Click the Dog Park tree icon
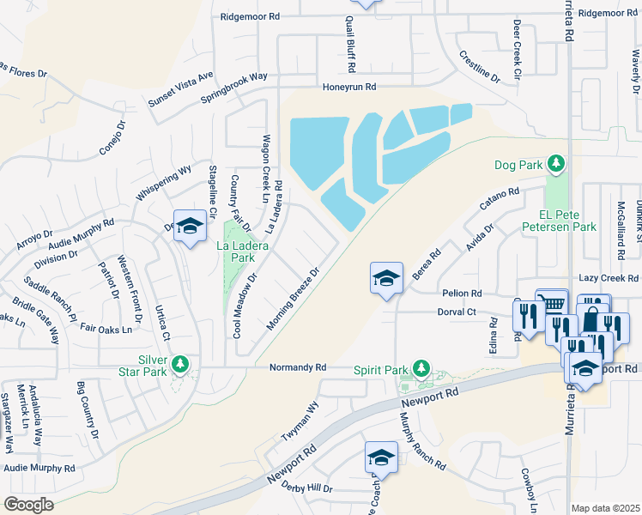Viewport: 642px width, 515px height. coord(556,163)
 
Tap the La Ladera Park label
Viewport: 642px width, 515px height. coord(249,251)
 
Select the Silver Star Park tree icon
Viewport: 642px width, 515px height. coord(180,365)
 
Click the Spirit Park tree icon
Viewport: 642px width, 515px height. coord(421,369)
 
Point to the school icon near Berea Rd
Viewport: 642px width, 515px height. coord(386,277)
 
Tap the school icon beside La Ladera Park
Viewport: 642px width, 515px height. coord(190,226)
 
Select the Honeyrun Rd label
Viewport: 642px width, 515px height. coord(349,87)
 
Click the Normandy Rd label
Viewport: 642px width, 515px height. coord(298,367)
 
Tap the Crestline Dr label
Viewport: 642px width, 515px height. coord(480,66)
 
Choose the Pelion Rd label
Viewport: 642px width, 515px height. coord(462,293)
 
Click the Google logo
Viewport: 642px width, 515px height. coord(28,504)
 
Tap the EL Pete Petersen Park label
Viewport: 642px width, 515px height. coord(566,221)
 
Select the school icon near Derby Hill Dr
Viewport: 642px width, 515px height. coord(381,457)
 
